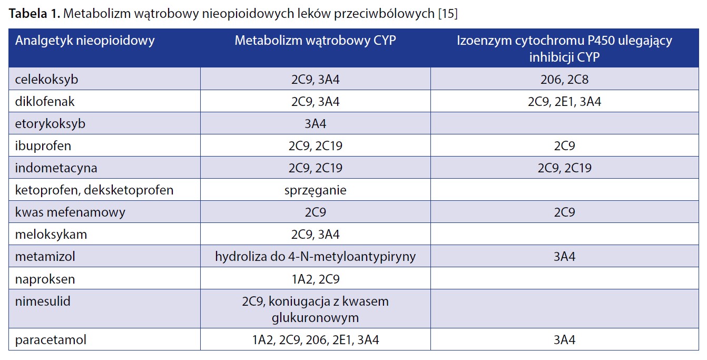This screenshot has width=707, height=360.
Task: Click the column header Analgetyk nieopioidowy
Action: [85, 41]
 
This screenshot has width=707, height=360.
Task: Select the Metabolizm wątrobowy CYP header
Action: [316, 41]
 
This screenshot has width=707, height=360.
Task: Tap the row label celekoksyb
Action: [46, 79]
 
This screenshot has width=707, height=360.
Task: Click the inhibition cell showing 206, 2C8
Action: [564, 79]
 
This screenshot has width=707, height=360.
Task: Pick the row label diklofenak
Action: [44, 101]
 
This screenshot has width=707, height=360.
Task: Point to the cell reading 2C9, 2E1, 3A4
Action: [564, 102]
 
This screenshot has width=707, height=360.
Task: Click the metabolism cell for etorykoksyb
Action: [316, 124]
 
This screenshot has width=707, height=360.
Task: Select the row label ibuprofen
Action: [43, 146]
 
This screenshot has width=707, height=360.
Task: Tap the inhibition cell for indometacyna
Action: [564, 168]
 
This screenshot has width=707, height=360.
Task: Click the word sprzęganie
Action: [316, 190]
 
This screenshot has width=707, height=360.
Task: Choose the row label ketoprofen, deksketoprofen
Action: [94, 190]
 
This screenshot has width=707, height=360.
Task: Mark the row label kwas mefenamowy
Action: [70, 212]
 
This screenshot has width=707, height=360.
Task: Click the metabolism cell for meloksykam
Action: [316, 235]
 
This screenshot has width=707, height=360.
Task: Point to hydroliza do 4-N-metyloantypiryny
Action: [316, 257]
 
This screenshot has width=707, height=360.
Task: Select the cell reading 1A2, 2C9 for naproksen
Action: [316, 279]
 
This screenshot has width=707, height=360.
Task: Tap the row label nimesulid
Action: [43, 301]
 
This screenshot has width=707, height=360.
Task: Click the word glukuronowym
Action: [316, 318]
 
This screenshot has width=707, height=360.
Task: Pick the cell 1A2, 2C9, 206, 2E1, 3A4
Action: [316, 340]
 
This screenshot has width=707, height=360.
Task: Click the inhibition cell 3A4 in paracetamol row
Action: [564, 340]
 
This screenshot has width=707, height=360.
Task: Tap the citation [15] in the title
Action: [448, 14]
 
